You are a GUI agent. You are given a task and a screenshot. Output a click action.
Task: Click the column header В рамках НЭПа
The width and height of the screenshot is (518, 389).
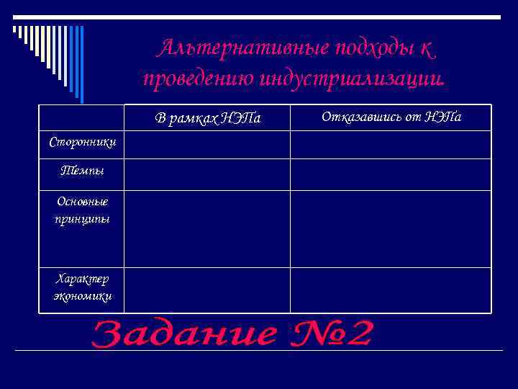tap(207, 118)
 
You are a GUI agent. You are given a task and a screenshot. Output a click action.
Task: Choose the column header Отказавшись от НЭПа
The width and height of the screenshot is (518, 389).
tap(391, 117)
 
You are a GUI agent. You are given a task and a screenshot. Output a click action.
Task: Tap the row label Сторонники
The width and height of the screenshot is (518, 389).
tap(82, 143)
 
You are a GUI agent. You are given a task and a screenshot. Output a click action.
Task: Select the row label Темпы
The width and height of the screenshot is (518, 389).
tap(82, 171)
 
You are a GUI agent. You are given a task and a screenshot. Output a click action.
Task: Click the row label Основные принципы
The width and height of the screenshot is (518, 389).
tap(82, 210)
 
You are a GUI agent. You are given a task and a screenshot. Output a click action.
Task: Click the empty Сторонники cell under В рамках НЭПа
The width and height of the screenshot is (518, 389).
tap(207, 144)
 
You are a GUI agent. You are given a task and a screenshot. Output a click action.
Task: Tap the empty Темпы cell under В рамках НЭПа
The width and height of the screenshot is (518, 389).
tap(207, 174)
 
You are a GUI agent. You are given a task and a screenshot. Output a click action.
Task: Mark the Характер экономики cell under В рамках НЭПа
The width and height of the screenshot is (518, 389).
tap(207, 290)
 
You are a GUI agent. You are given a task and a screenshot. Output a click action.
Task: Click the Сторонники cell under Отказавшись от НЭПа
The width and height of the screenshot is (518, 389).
tap(391, 144)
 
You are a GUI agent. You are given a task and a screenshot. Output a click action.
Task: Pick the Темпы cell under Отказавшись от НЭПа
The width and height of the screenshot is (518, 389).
tap(391, 174)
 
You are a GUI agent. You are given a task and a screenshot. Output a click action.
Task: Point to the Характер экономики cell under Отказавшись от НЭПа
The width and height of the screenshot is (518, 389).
tap(391, 290)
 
